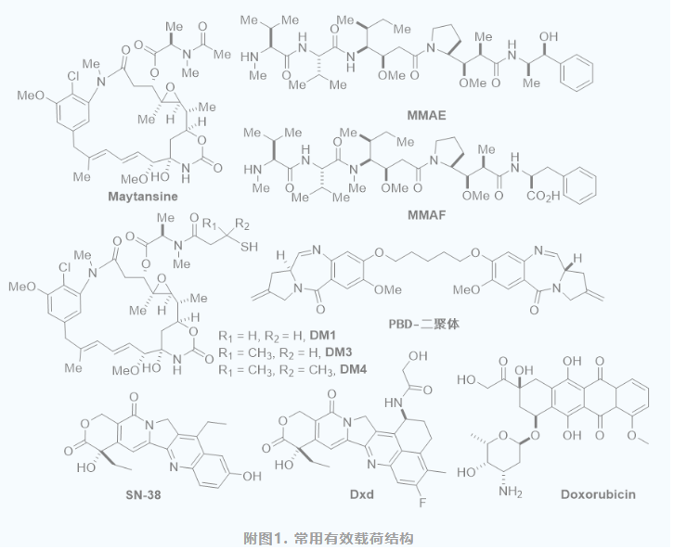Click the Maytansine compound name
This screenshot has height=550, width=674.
coord(143,196)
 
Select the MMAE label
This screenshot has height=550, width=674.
coord(427,116)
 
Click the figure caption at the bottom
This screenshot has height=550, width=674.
coord(336,537)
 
